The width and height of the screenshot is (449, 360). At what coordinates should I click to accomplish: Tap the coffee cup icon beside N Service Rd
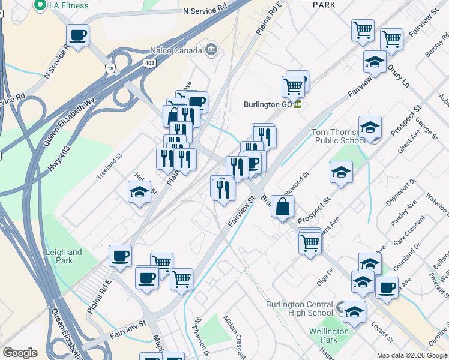77,35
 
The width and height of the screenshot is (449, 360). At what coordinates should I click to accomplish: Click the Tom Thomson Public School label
337,136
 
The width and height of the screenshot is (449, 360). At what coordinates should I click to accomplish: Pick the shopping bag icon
282,207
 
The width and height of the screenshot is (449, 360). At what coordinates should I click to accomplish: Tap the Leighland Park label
64,257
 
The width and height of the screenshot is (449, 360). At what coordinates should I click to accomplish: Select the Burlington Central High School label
300,308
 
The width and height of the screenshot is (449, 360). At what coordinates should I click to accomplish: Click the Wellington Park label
329,335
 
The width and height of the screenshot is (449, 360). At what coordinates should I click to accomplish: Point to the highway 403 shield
149,62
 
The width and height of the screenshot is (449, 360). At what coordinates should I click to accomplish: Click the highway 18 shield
110,68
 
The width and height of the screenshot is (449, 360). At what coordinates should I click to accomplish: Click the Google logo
20,353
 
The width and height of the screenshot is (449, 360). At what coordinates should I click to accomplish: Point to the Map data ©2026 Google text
412,355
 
